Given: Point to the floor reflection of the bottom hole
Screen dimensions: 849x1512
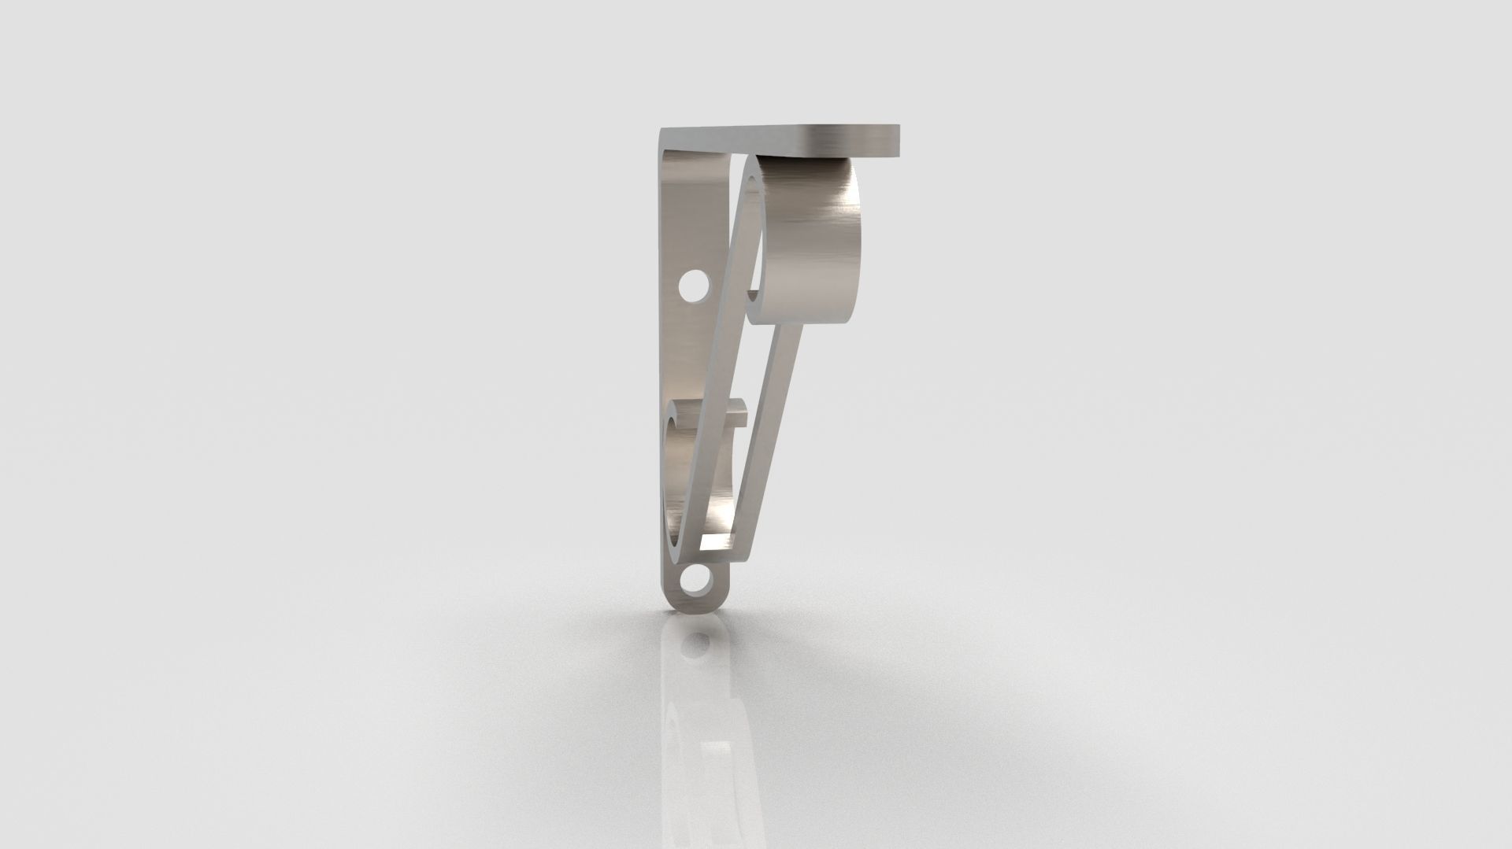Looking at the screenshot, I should (695, 647).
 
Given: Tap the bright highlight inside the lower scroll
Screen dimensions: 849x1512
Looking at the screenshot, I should (722, 504).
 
